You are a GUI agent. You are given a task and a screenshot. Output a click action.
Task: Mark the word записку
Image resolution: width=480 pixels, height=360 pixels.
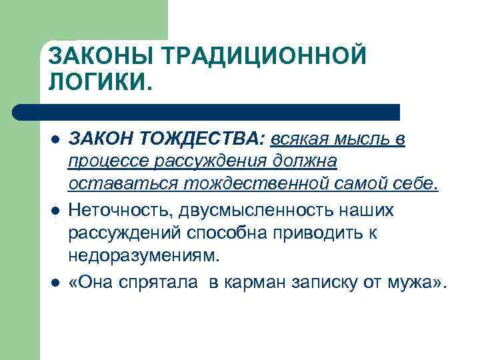click(x=327, y=282)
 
